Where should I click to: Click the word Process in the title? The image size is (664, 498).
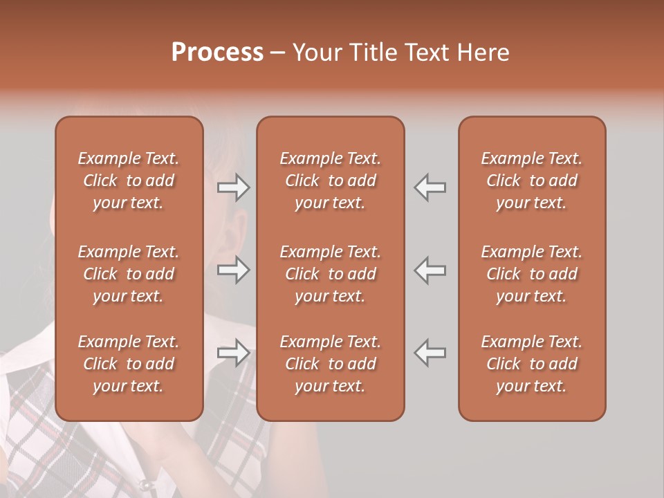pos(217,53)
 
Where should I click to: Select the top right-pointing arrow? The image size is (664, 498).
pos(233,187)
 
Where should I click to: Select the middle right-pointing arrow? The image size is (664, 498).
pos(233,269)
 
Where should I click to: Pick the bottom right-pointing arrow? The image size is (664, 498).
pos(233,353)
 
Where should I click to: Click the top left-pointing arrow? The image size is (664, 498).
pos(430,187)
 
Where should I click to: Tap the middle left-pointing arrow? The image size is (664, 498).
pos(430,269)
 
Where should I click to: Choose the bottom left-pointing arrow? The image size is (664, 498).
pos(430,353)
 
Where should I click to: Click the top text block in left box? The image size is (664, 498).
pos(129,181)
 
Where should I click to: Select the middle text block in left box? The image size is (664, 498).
pos(129,274)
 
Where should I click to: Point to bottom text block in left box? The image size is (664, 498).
pos(129,364)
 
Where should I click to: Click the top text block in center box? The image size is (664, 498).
pos(330,181)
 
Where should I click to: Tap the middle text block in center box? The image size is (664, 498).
pos(330,274)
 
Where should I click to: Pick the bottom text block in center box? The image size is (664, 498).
pos(330,364)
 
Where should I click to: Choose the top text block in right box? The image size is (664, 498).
pos(532,181)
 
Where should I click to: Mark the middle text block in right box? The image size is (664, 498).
pos(532,274)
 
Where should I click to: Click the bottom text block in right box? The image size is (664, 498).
pos(532,364)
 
